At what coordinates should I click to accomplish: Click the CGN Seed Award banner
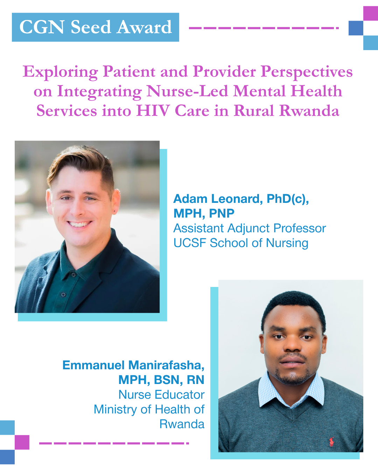tap(95, 27)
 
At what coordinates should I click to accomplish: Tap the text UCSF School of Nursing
tap(241, 243)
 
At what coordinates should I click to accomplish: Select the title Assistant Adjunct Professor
tap(250, 228)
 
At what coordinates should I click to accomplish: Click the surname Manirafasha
tap(166, 365)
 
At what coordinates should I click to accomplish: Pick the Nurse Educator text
tap(161, 395)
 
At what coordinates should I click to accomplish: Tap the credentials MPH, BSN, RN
tap(161, 380)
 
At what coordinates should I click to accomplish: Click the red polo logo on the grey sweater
tap(331, 442)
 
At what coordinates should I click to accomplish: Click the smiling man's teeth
tap(79, 224)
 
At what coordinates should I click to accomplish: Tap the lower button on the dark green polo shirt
tap(63, 294)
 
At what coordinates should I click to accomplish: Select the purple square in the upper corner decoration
tap(371, 13)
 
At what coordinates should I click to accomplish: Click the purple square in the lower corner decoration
tap(22, 442)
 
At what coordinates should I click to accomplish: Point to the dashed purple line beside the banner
tap(264, 28)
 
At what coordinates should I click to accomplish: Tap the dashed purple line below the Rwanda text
tap(114, 443)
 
